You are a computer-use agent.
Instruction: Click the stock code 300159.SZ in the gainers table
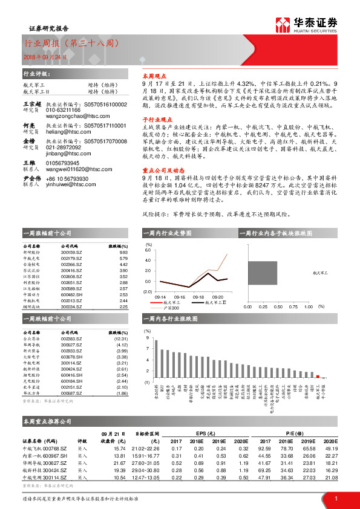pyautogui.click(x=72, y=253)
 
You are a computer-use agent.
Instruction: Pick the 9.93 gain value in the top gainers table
pyautogui.click(x=123, y=253)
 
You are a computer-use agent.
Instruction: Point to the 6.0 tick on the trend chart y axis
pyautogui.click(x=148, y=250)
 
